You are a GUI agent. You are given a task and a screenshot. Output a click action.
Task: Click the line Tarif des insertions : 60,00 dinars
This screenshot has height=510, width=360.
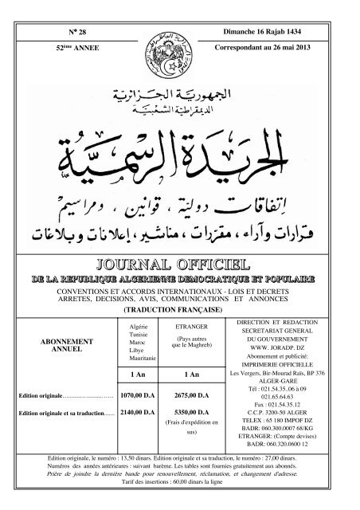180,488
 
